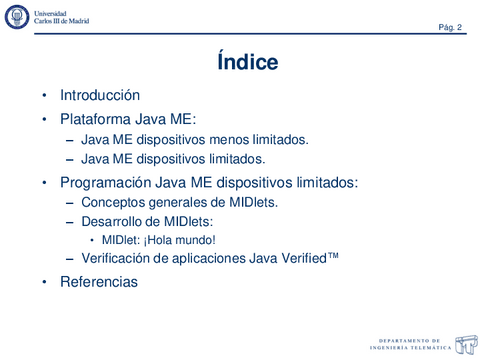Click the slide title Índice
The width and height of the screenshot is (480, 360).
tap(247, 62)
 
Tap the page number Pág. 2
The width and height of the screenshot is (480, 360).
tap(449, 27)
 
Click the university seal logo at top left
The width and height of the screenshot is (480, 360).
tap(17, 17)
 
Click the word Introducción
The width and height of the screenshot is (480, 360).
tap(100, 96)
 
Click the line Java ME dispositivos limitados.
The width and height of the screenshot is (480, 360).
tap(173, 159)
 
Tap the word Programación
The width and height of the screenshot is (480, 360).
tap(106, 183)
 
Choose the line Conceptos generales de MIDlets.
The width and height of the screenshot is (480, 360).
tap(179, 203)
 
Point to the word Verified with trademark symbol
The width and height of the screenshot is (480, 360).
tap(305, 258)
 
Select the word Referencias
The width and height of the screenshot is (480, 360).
tap(99, 282)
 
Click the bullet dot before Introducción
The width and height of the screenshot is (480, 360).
tap(44, 97)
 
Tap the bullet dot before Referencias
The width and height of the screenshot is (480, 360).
tap(44, 283)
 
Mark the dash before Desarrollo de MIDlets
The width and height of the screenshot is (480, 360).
tap(70, 223)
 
